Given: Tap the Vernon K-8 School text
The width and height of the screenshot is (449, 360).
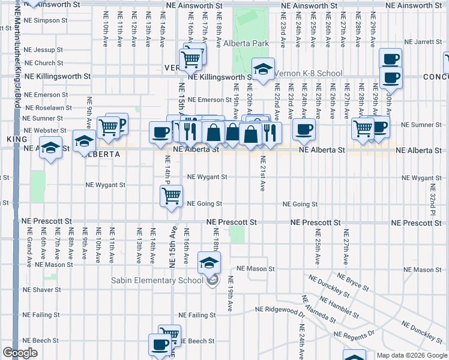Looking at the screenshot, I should click(x=308, y=74).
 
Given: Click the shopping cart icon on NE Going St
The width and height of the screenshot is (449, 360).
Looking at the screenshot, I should click(x=172, y=196).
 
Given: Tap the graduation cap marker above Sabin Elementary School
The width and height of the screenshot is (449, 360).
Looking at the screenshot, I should click(x=209, y=262).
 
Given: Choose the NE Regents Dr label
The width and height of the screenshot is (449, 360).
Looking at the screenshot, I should click(x=354, y=334).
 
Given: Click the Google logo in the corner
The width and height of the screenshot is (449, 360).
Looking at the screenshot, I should click(x=20, y=353).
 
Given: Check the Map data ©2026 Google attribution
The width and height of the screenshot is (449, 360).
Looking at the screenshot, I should click(x=411, y=355).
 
